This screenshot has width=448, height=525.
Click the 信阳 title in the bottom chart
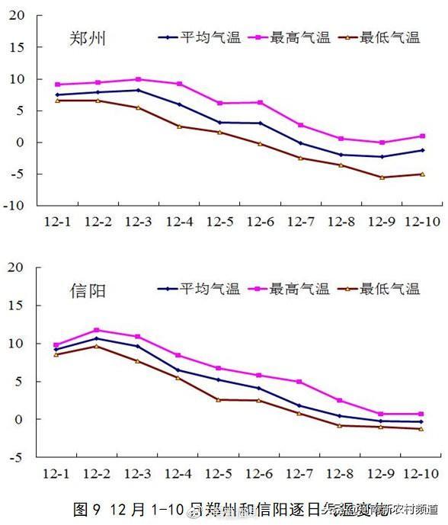click(x=87, y=290)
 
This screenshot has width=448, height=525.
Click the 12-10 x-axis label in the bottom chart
click(x=422, y=473)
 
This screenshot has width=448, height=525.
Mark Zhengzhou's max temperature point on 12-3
click(x=138, y=79)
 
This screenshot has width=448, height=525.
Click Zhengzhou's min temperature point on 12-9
click(x=382, y=178)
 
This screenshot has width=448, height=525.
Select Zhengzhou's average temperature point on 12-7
click(x=300, y=143)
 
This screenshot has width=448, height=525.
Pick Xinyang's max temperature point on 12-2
click(x=97, y=330)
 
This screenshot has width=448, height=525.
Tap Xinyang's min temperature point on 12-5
click(x=219, y=399)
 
